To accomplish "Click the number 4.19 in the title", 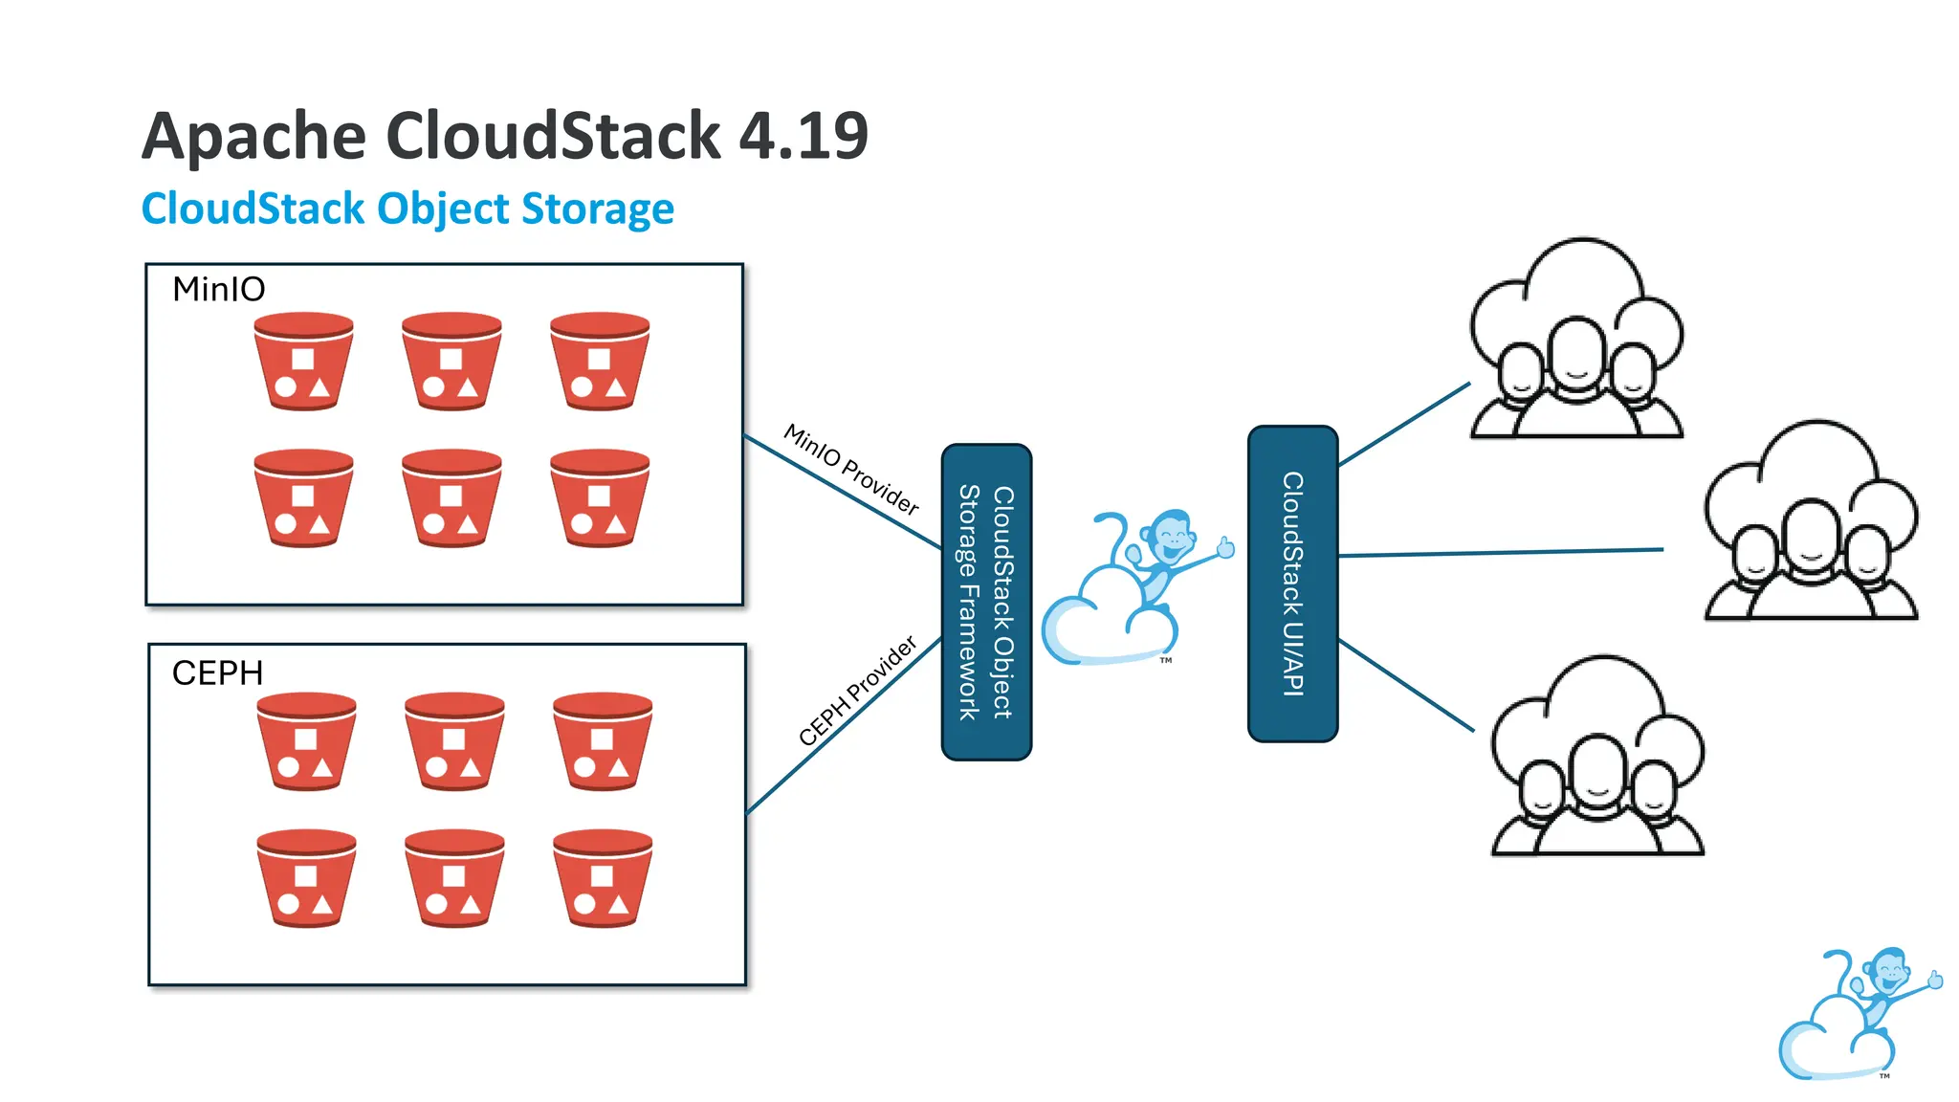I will click(803, 136).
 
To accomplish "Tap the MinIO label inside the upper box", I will click(218, 289).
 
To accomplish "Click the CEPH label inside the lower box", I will click(217, 673).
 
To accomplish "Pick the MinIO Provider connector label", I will click(851, 469).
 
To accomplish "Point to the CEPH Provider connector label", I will click(857, 691).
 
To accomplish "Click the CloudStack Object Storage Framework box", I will click(986, 603).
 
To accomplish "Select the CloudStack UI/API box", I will click(1292, 584).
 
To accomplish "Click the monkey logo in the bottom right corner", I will click(1856, 1014).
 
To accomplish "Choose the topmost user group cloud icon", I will click(1575, 340).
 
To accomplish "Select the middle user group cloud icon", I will click(1810, 521).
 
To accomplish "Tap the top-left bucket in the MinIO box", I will click(303, 362).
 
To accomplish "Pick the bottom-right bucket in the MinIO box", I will click(600, 498).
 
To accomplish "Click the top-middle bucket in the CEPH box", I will click(454, 741).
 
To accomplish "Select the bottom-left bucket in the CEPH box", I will click(306, 878).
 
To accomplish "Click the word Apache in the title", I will click(253, 136).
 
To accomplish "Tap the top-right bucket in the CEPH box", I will click(603, 741).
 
